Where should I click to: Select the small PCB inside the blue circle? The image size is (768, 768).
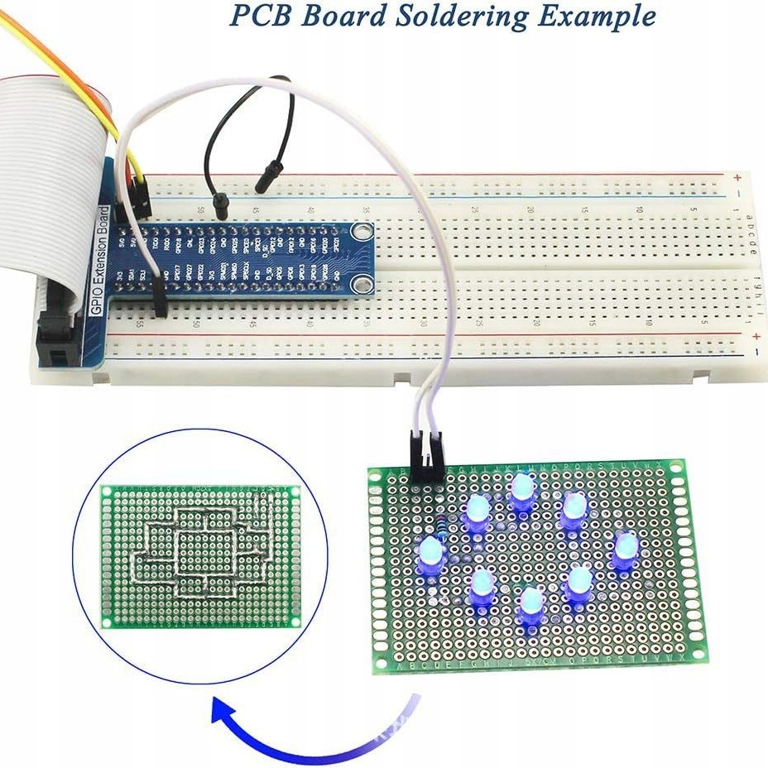tap(200, 556)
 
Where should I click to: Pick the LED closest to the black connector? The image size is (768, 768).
tap(478, 513)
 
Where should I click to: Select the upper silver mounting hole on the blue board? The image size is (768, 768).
tap(361, 233)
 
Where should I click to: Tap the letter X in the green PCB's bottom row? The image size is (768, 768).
tap(679, 659)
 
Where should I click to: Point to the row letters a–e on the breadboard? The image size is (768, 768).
tap(751, 227)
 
